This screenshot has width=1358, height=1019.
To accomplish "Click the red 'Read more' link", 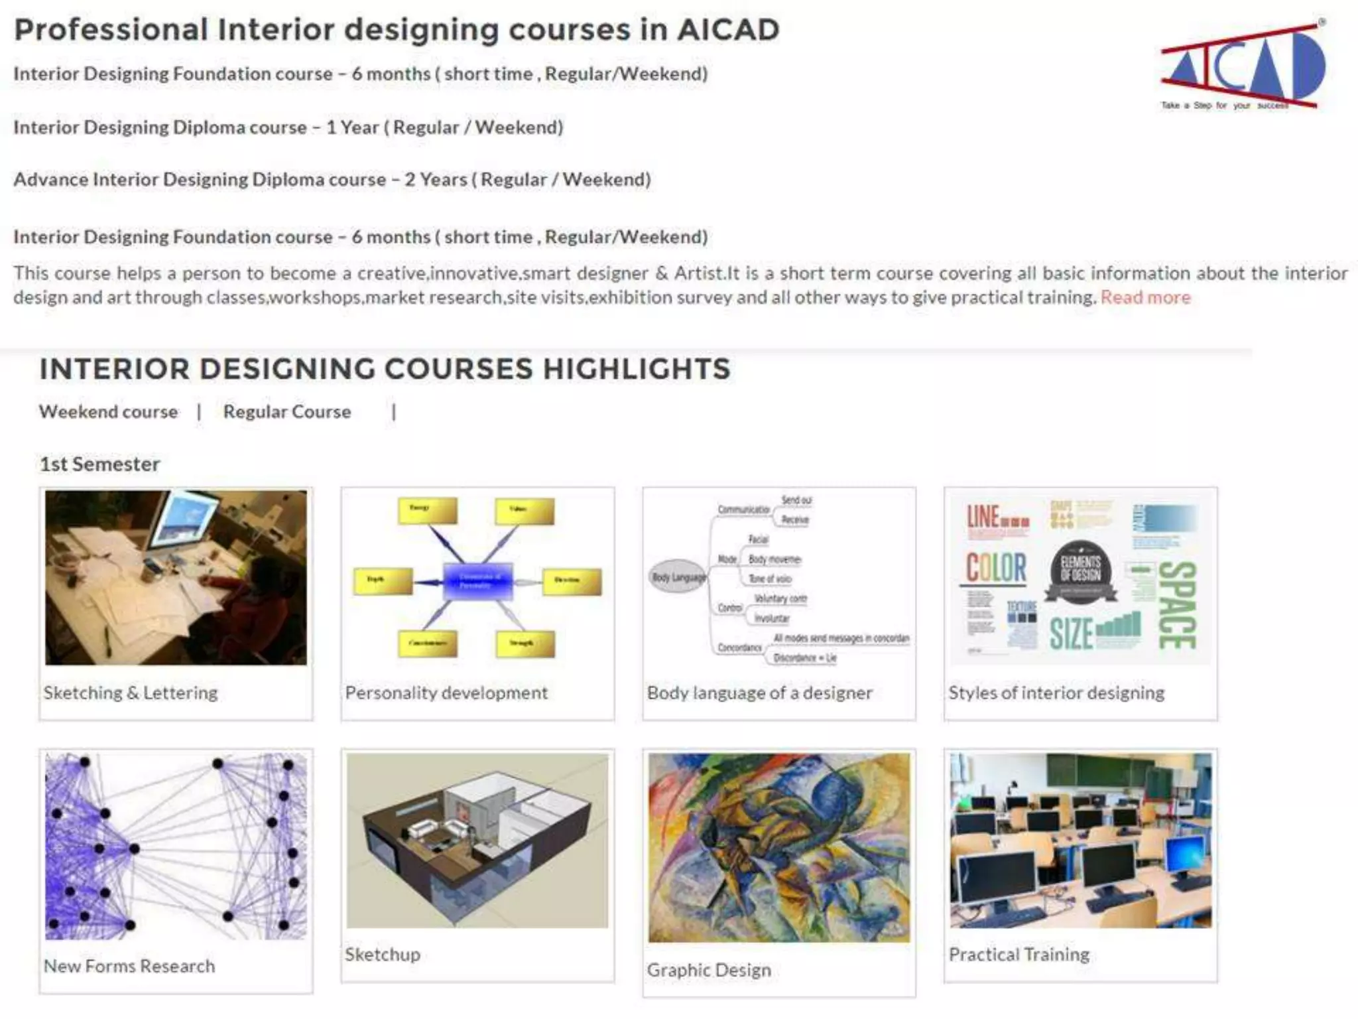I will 1145,297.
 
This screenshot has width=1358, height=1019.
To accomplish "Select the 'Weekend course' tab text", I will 108,412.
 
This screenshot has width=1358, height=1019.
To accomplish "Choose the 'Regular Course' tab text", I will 286,412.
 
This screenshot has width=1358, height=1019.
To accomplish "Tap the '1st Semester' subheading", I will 99,464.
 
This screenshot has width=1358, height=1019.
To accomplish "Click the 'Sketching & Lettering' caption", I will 131,693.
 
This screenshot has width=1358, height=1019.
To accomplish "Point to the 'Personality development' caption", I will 446,693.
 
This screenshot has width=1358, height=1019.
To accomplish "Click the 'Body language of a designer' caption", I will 759,693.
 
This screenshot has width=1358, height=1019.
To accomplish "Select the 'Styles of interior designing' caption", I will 1056,693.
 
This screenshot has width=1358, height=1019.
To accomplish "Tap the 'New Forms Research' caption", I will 129,966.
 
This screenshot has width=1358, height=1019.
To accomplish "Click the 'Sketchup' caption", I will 383,955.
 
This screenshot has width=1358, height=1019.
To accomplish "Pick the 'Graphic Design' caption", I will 709,970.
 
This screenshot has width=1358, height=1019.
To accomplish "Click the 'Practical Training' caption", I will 1019,955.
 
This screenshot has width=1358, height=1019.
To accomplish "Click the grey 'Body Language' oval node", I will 678,577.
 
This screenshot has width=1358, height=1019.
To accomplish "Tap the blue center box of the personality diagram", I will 477,580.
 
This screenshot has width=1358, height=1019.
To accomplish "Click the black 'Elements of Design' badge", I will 1080,571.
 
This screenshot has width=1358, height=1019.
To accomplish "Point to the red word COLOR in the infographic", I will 996,568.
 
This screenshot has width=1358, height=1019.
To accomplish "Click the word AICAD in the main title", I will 728,30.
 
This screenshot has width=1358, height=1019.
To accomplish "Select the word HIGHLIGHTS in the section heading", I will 637,369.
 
